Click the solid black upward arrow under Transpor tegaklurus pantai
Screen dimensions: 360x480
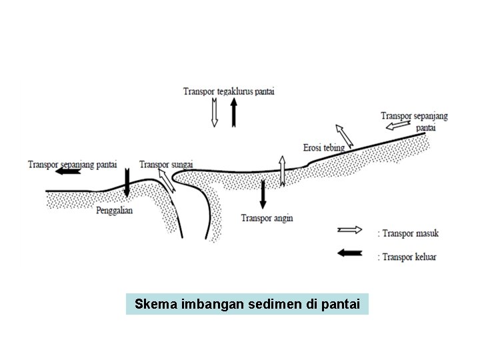click(233, 112)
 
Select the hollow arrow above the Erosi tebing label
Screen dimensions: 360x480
click(345, 135)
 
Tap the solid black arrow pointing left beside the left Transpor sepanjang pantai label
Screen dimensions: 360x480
click(69, 171)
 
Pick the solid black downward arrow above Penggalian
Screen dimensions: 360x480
click(127, 181)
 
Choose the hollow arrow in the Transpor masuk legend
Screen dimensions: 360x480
click(350, 231)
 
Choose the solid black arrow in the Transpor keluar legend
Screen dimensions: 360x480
click(350, 253)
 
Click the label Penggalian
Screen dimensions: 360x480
click(115, 210)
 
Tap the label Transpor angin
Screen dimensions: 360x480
click(267, 218)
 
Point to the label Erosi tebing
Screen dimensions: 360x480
click(323, 147)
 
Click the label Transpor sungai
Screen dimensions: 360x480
click(167, 163)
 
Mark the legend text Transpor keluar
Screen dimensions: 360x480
click(409, 256)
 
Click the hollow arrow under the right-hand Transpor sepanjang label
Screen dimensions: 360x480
click(398, 124)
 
